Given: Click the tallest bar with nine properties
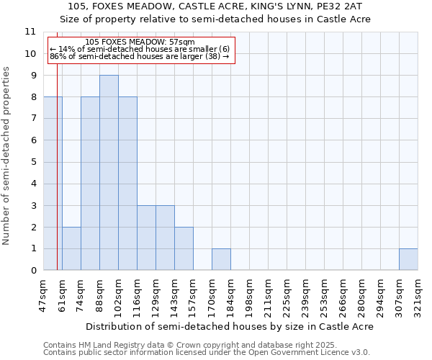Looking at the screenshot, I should pyautogui.click(x=109, y=173).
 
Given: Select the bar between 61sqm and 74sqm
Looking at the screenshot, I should pyautogui.click(x=71, y=248).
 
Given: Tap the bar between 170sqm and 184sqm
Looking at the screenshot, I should pyautogui.click(x=221, y=259).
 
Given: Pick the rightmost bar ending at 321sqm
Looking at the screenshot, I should pyautogui.click(x=408, y=259).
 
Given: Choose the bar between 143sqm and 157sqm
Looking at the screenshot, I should pyautogui.click(x=184, y=248).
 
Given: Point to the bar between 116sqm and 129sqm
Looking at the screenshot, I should pyautogui.click(x=146, y=238).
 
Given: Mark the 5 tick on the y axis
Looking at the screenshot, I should pyautogui.click(x=32, y=162).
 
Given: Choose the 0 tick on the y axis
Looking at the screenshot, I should pyautogui.click(x=32, y=271).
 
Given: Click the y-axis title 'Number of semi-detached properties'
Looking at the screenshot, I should pyautogui.click(x=7, y=156).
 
